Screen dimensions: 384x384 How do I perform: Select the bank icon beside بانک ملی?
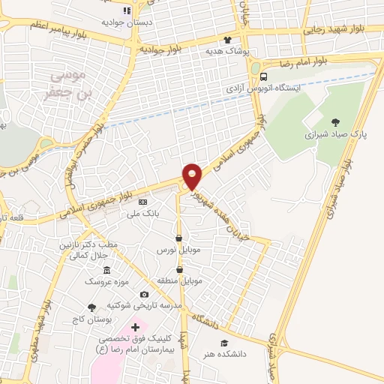tap(142, 202)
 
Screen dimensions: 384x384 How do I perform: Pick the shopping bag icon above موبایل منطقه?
tap(179, 269)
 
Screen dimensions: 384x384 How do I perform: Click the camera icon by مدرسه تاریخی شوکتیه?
tap(144, 295)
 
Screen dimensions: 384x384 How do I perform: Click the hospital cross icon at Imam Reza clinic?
tap(135, 328)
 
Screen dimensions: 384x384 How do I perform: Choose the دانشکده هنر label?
tap(223, 353)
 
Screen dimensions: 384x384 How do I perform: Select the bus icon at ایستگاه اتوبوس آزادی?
tap(262, 76)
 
